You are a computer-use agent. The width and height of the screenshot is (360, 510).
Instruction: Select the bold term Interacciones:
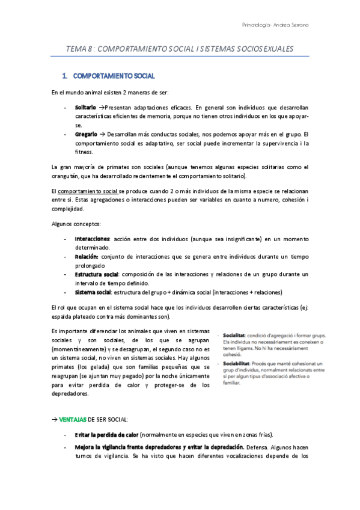click(x=93, y=239)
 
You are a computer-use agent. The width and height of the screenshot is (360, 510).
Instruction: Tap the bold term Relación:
click(x=87, y=256)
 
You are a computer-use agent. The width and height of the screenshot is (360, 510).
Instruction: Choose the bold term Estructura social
click(x=96, y=274)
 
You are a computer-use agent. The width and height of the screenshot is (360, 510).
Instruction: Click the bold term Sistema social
click(x=93, y=292)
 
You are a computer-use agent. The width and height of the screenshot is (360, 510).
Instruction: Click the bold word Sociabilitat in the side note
click(x=239, y=363)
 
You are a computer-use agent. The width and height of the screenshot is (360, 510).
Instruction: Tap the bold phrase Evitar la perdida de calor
click(x=107, y=434)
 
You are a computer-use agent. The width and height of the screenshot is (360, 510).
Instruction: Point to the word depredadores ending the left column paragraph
click(x=69, y=394)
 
